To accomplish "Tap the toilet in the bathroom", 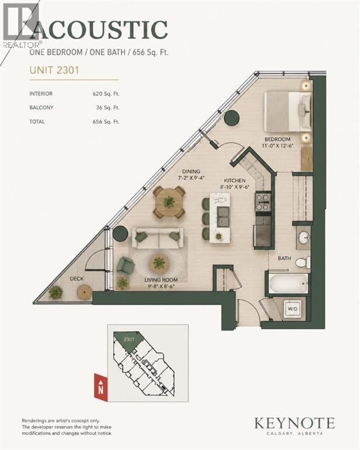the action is tap(303, 262).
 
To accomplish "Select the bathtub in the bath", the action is tap(289, 283).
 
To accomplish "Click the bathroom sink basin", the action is tap(304, 237).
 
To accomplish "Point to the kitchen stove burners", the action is tap(263, 202).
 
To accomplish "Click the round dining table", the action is tap(169, 202).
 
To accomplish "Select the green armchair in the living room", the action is tap(125, 265).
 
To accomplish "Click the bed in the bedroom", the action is tap(288, 112).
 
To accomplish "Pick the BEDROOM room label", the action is tap(277, 139).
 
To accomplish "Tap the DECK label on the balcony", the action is tap(77, 278).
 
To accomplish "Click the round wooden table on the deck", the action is tap(84, 292).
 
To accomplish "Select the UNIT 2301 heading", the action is tap(55, 70).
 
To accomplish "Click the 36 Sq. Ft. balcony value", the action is tap(108, 108).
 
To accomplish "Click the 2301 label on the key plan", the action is tap(129, 339).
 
